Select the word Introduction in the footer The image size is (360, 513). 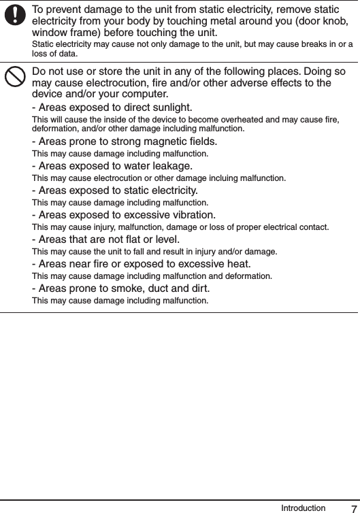(x=303, y=507)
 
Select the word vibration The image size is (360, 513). (x=190, y=214)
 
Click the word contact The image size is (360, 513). (x=314, y=227)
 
